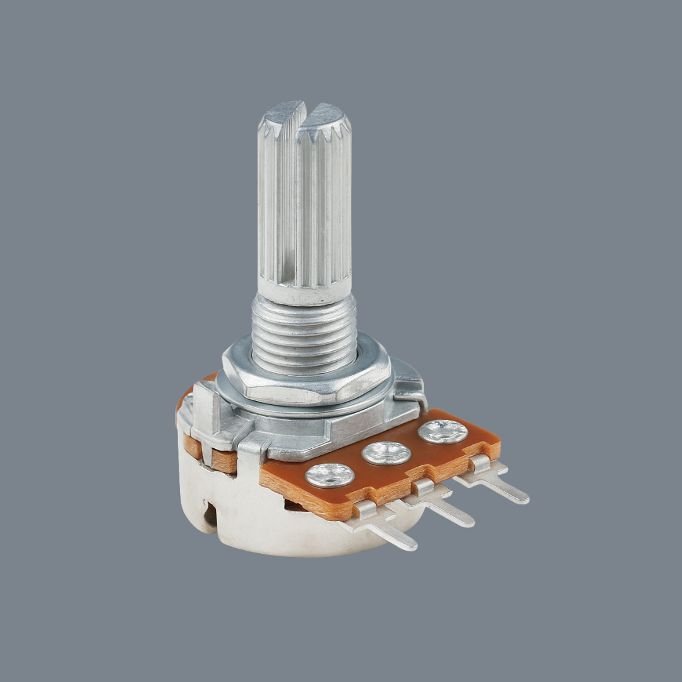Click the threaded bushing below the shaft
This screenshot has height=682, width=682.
click(x=304, y=335)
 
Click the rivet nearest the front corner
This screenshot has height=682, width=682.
click(x=330, y=475)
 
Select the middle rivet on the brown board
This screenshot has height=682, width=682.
click(x=386, y=453)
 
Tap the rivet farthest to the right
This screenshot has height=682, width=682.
click(x=442, y=431)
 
